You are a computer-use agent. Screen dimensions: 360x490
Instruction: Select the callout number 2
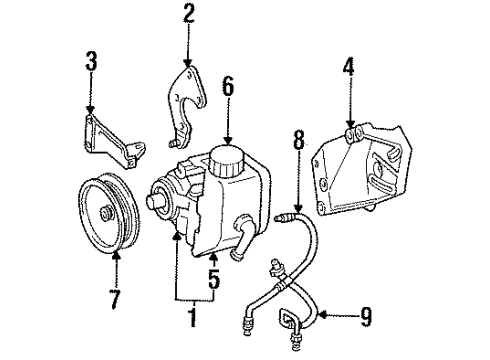(187, 14)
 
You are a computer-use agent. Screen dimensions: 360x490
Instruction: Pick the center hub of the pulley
(106, 214)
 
